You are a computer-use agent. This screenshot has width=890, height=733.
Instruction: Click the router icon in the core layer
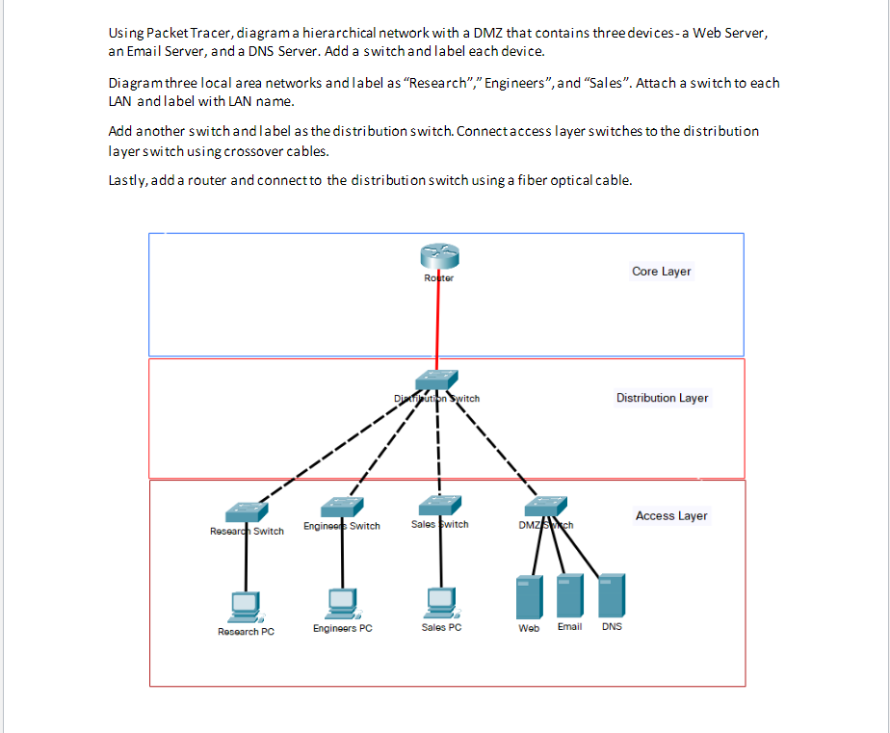[x=439, y=256]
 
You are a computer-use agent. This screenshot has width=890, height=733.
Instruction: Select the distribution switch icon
[x=437, y=380]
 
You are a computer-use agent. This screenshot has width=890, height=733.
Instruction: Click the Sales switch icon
[x=439, y=505]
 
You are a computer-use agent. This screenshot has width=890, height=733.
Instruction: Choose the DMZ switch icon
[x=546, y=507]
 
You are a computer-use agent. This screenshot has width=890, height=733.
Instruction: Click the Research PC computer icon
[x=246, y=605]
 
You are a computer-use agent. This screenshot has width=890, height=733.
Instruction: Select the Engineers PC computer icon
[x=342, y=603]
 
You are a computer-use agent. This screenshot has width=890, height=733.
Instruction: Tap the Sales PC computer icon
[x=441, y=601]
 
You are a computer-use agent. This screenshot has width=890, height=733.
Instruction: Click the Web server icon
[x=529, y=597]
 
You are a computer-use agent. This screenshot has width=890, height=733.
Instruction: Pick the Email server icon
[x=569, y=595]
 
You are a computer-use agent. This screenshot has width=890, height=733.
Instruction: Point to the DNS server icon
[x=612, y=594]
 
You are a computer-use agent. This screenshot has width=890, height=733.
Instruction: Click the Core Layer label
[x=661, y=272]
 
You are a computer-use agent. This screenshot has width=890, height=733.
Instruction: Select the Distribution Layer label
[x=662, y=398]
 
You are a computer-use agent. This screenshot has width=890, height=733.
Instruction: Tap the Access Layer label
[x=671, y=516]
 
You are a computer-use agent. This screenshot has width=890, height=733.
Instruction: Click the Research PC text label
[x=246, y=632]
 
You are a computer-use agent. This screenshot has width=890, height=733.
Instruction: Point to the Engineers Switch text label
[x=342, y=526]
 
